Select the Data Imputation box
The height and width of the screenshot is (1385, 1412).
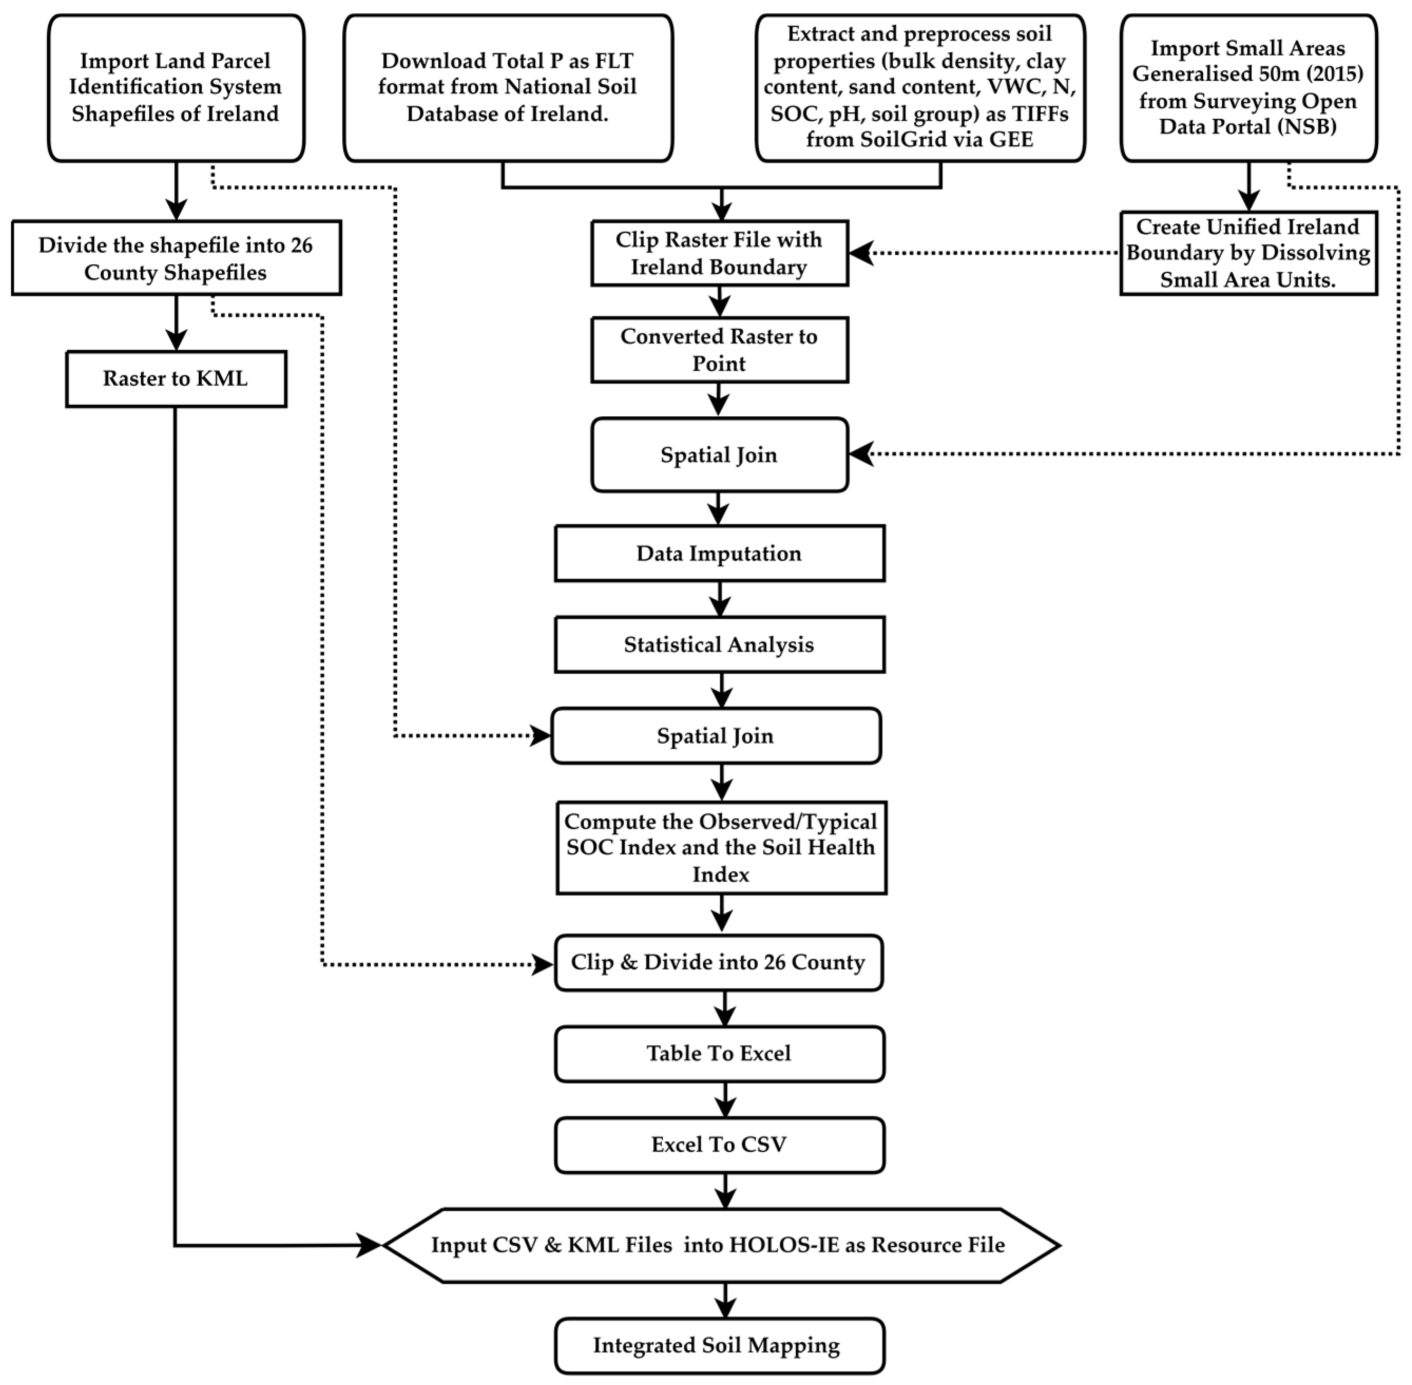(x=719, y=553)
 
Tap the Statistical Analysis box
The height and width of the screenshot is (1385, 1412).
(x=719, y=645)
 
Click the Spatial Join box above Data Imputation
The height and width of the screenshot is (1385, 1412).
(x=719, y=455)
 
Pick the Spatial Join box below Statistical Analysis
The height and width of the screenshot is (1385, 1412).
(x=715, y=736)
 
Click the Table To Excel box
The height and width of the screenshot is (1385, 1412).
(x=719, y=1053)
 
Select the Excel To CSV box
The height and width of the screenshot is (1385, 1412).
(x=719, y=1145)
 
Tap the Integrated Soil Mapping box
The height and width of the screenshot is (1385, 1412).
(x=719, y=1346)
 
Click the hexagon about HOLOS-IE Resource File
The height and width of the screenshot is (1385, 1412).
(x=719, y=1245)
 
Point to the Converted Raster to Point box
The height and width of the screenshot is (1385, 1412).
(x=719, y=350)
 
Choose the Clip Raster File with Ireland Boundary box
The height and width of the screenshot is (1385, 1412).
(x=719, y=253)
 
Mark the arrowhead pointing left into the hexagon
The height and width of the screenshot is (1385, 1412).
(x=370, y=1245)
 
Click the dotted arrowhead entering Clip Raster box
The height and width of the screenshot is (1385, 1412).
(x=862, y=253)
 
